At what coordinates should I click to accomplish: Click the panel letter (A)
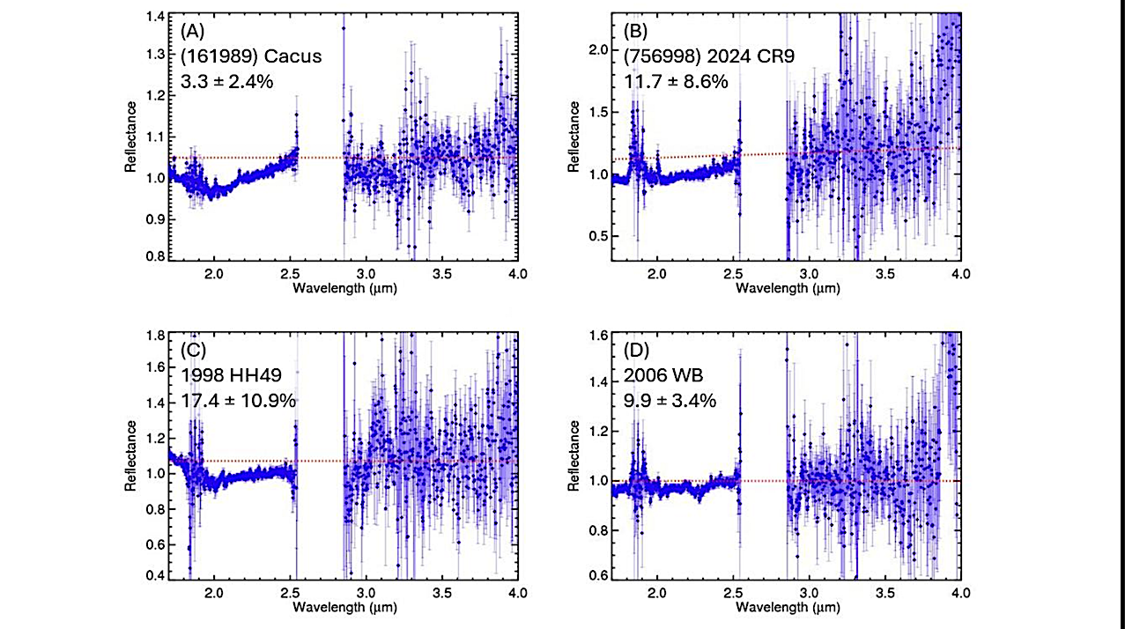195,31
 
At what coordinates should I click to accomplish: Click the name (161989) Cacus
251,56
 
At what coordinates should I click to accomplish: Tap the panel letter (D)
638,350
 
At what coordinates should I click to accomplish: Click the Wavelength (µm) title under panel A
341,288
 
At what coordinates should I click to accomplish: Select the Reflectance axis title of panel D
574,455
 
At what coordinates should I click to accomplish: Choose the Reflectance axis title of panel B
574,137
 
